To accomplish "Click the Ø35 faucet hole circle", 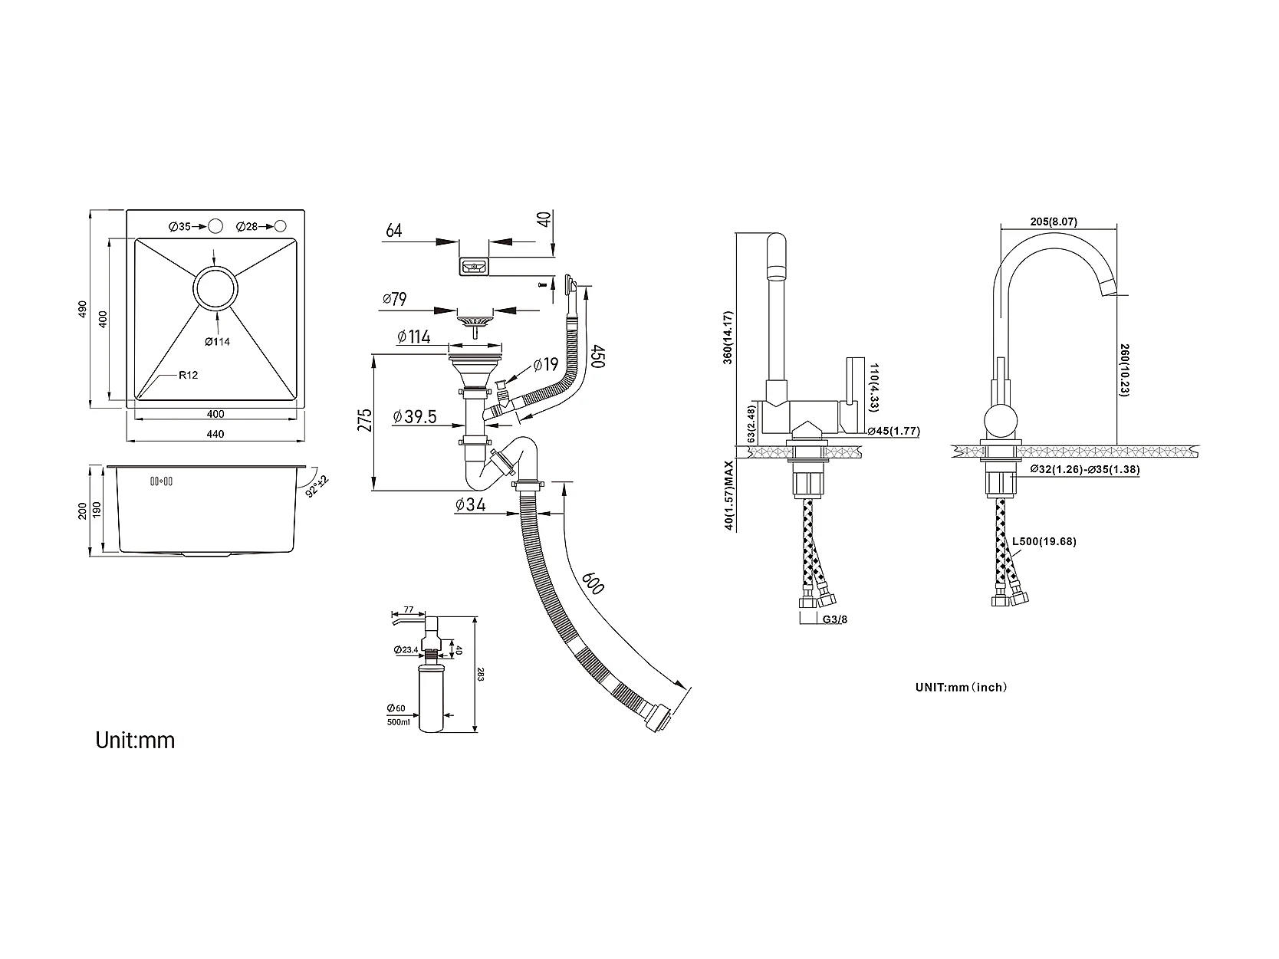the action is click(x=215, y=226).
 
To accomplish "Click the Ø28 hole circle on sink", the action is click(x=281, y=226).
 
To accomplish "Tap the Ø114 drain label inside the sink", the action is click(x=217, y=342).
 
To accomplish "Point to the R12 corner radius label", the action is click(x=188, y=375).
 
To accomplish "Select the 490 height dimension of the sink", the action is click(x=82, y=309).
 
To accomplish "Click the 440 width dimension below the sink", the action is click(x=215, y=434).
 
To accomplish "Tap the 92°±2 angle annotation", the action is click(x=317, y=486).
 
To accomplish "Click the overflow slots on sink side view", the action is click(x=161, y=481).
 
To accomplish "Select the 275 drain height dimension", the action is click(x=365, y=420).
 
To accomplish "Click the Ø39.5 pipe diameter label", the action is click(x=414, y=417).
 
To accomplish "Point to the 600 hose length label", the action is click(x=593, y=583).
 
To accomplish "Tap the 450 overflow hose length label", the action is click(x=598, y=356).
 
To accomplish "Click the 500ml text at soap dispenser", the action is click(x=399, y=723).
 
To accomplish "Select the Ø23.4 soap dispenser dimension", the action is click(x=406, y=650).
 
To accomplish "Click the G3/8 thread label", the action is click(x=835, y=619).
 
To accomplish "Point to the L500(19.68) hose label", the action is click(x=1044, y=541).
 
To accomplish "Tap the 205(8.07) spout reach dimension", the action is click(x=1054, y=222).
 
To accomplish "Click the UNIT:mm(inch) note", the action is click(x=962, y=687).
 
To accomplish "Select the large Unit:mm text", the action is click(x=135, y=741).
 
